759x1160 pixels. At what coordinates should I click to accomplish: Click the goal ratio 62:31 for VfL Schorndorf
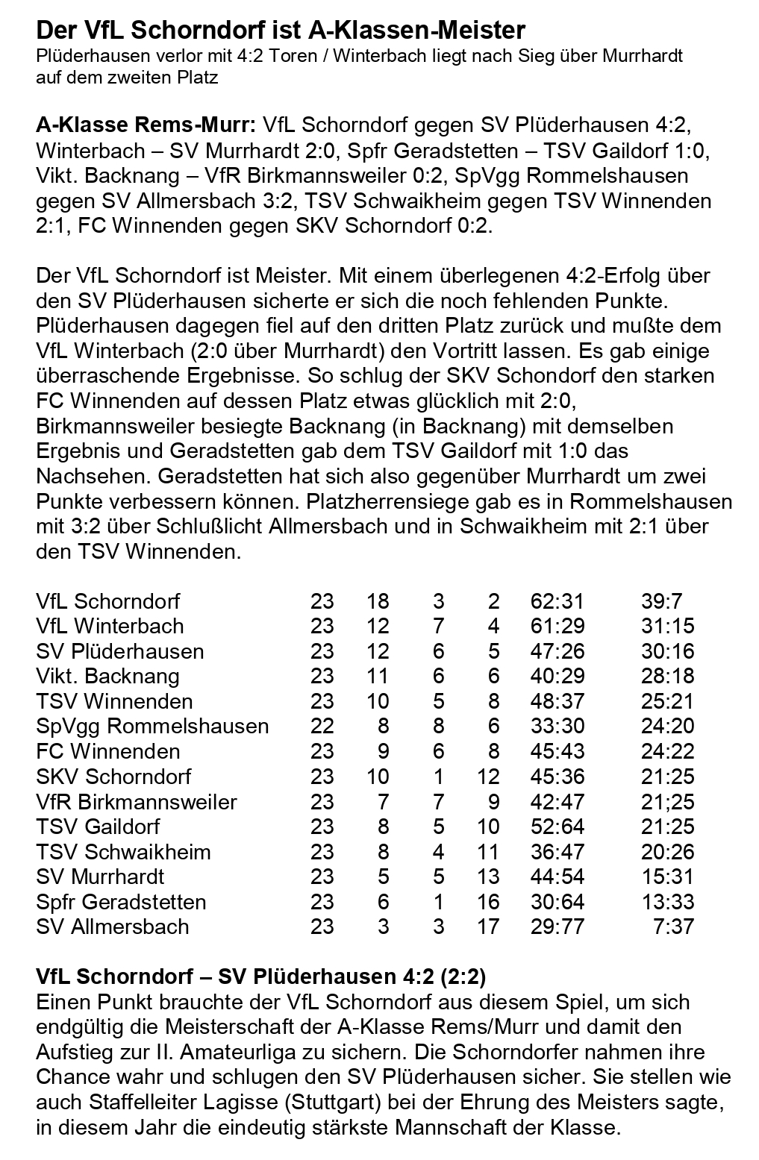click(557, 601)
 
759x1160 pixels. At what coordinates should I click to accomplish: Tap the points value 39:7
click(661, 601)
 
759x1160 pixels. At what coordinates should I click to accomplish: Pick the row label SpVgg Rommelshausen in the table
click(152, 726)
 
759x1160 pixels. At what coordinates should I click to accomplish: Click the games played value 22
click(322, 726)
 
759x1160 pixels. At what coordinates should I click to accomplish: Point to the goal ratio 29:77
click(557, 927)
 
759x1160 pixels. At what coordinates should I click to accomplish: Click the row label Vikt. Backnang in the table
click(107, 676)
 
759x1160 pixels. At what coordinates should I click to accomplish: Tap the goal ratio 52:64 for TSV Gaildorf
click(557, 827)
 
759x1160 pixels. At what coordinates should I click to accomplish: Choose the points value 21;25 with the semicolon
click(667, 802)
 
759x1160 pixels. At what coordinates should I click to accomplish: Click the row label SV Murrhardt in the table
click(100, 877)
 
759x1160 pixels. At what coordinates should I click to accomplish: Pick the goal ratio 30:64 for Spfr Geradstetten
click(557, 902)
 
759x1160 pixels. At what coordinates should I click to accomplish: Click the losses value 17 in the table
click(488, 927)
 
